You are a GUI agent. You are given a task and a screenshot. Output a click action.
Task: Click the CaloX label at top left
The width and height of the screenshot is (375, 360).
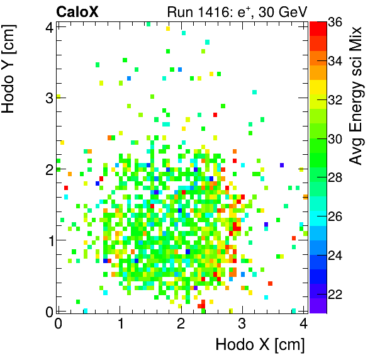77,11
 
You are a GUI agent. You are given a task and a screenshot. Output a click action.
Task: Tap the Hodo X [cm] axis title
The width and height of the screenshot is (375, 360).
260,345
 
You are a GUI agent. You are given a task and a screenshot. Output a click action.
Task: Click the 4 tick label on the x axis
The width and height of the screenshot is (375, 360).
303,323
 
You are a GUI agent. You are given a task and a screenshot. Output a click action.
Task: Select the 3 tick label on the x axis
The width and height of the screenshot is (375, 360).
242,323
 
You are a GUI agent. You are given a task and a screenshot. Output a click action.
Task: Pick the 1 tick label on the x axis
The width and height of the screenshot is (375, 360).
120,323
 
